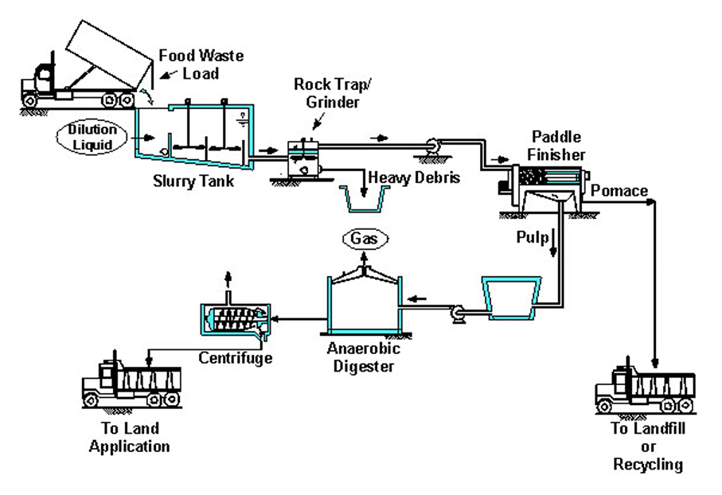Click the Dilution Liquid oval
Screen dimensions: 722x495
[x=92, y=137]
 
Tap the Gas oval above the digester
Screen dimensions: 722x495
[x=365, y=239]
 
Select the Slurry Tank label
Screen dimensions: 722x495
[x=193, y=181]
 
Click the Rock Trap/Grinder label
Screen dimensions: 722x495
[x=333, y=93]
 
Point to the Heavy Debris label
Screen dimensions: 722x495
[x=414, y=177]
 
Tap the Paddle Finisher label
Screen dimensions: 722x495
[x=556, y=146]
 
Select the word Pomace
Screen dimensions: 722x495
[x=619, y=191]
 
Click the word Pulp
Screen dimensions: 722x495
[x=533, y=238]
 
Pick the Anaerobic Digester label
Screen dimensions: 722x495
[x=363, y=357]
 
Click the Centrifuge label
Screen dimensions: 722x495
[x=236, y=358]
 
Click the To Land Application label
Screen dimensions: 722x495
[x=130, y=437]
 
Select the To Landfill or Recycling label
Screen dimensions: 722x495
[x=648, y=446]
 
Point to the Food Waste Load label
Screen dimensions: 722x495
[x=201, y=64]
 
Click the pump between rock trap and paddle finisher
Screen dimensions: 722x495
[x=432, y=147]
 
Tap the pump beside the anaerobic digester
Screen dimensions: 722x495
[x=459, y=314]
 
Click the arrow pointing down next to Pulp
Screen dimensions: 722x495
[x=553, y=242]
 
